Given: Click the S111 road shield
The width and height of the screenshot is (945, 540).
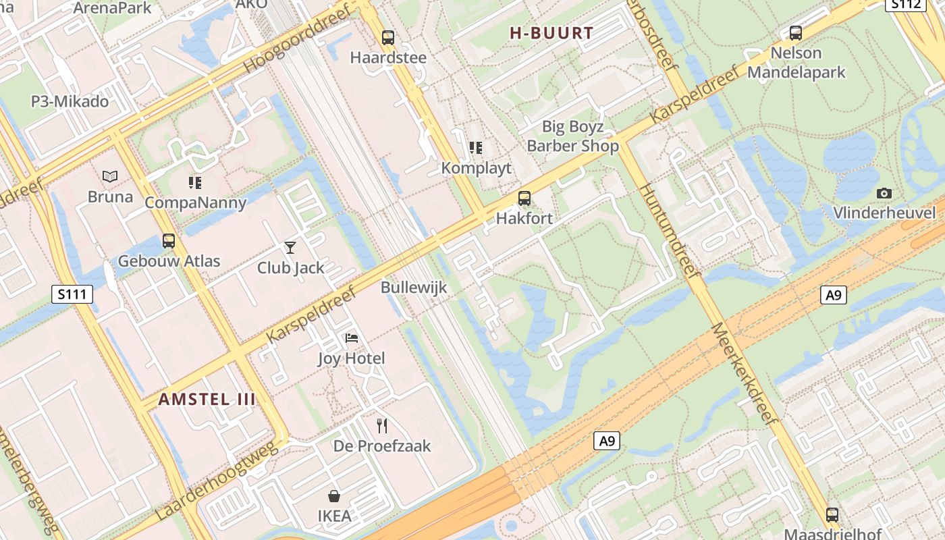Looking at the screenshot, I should point(72,294).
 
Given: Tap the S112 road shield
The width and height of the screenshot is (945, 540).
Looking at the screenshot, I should point(905,4).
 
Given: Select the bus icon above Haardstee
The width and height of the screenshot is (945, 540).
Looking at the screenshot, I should point(388,38).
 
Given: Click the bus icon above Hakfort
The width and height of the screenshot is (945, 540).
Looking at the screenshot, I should point(524,198).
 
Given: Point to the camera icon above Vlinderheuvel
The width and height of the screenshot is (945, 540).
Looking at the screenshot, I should point(884,194).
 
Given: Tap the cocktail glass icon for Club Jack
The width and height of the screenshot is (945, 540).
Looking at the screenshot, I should point(290,248).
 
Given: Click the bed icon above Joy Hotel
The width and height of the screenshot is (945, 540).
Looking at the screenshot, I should point(351,338).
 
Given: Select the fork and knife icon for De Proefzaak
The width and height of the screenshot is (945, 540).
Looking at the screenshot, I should point(382,425).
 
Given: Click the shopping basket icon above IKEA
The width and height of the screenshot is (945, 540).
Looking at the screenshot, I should point(334,496).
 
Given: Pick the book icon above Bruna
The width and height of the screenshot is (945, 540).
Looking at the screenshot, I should point(110,177).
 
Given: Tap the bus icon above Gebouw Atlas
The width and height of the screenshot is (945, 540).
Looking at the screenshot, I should point(169,240).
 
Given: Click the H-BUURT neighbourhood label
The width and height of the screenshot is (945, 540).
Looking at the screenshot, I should point(551,33).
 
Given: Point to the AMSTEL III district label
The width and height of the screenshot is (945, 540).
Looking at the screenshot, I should point(207,399).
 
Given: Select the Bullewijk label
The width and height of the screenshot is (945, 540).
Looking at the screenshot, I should point(414,287).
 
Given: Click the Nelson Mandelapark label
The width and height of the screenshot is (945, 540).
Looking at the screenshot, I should point(796,62).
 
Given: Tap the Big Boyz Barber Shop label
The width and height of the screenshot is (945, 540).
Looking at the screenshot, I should point(572,136).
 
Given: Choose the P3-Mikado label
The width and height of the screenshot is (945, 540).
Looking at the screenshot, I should point(70,102).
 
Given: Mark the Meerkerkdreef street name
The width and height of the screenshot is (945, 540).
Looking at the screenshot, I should point(745,373).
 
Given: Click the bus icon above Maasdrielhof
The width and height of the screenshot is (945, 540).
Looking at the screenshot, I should point(832,514).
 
